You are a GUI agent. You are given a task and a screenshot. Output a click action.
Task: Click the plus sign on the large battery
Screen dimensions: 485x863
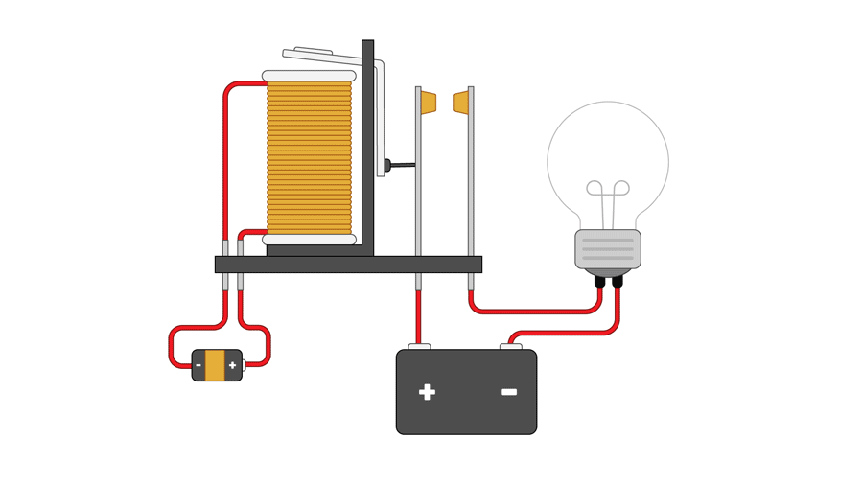coord(427,392)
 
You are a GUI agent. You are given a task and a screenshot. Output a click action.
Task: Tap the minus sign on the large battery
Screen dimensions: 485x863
coord(509,392)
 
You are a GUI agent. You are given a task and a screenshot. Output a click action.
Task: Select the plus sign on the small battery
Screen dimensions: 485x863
coord(232,365)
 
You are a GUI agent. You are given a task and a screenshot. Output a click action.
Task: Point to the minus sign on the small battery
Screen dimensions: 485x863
coord(198,365)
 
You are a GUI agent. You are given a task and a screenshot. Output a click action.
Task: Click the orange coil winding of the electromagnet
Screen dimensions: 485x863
coord(309,158)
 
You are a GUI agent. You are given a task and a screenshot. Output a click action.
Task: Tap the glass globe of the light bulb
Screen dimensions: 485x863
coord(608,144)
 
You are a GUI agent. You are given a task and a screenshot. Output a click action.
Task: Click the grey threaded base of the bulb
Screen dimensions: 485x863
coord(608,249)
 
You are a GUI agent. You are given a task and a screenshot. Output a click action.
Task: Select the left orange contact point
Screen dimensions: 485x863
coord(428,103)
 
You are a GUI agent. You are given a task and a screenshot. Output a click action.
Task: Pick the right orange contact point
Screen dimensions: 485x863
coord(461,103)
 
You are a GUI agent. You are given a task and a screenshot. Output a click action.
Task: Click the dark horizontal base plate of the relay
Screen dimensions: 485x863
coord(348,265)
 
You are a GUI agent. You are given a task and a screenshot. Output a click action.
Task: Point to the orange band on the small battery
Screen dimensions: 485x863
coord(215,365)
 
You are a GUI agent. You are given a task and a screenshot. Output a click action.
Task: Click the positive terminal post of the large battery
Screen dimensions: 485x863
coord(419,347)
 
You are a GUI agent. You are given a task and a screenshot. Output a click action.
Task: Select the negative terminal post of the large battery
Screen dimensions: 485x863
coord(511,347)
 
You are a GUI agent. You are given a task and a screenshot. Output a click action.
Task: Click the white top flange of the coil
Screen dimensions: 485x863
coord(309,76)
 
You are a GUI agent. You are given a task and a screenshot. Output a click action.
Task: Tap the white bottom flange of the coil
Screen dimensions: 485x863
coord(309,240)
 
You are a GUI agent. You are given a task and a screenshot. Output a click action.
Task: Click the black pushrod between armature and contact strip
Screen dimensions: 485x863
coord(402,165)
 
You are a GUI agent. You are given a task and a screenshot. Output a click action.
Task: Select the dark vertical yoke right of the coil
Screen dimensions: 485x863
coord(367,144)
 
